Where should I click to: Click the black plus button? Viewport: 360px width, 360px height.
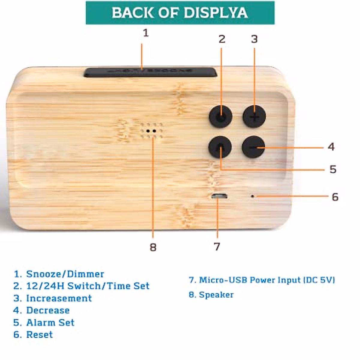(254, 117)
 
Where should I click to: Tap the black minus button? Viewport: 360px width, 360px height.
(253, 147)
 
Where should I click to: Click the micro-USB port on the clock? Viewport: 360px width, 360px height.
(219, 197)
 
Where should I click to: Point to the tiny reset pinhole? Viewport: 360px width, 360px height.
(253, 196)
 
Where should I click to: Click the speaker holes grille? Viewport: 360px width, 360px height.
(151, 131)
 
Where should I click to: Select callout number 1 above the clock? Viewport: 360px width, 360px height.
(146, 33)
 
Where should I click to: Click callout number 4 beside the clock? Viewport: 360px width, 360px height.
(331, 147)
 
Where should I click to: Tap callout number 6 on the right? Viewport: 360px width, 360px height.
(335, 197)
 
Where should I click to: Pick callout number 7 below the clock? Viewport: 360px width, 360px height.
(217, 247)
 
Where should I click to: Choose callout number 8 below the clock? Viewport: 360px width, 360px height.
(153, 247)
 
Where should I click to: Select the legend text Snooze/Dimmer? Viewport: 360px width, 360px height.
(65, 274)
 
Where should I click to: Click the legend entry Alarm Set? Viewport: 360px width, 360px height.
(50, 322)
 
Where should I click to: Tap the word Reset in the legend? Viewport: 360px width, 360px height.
(39, 334)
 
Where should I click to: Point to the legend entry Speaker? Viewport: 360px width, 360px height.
(216, 295)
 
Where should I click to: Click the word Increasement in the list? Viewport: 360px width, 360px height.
(59, 298)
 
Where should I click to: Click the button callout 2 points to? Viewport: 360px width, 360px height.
(221, 117)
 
